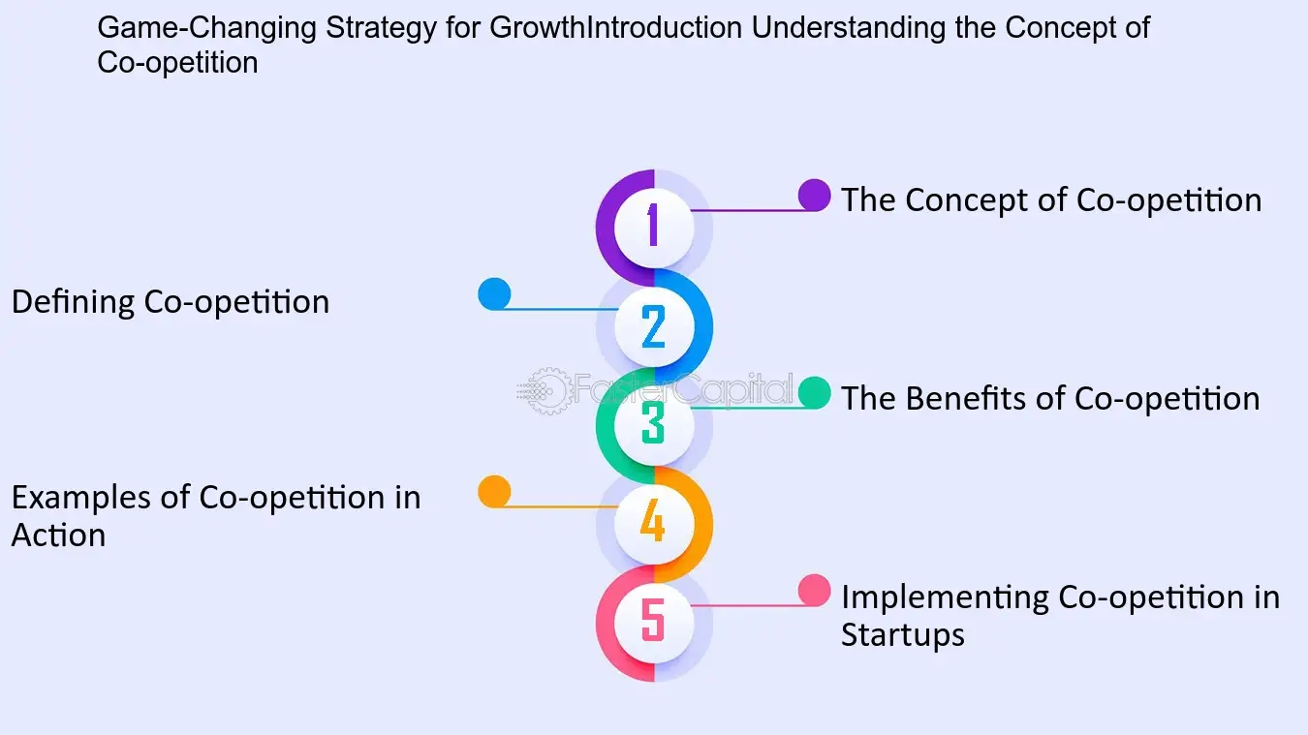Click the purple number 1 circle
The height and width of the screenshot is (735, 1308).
[654, 226]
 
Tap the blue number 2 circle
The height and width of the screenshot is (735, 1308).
[654, 325]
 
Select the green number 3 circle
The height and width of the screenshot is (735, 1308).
[654, 424]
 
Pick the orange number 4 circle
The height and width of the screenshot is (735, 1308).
[654, 524]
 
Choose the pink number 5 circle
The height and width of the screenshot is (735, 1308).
[654, 622]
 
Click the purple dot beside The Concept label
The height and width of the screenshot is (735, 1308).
[814, 195]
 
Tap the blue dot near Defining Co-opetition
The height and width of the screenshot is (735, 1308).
[494, 294]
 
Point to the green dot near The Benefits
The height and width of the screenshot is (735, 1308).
[814, 392]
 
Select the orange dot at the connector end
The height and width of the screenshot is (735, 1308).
[494, 492]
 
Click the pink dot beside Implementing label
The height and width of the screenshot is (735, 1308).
[814, 591]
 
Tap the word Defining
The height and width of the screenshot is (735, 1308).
[74, 302]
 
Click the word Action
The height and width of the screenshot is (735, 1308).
[58, 536]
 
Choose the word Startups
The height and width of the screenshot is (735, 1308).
[902, 635]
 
